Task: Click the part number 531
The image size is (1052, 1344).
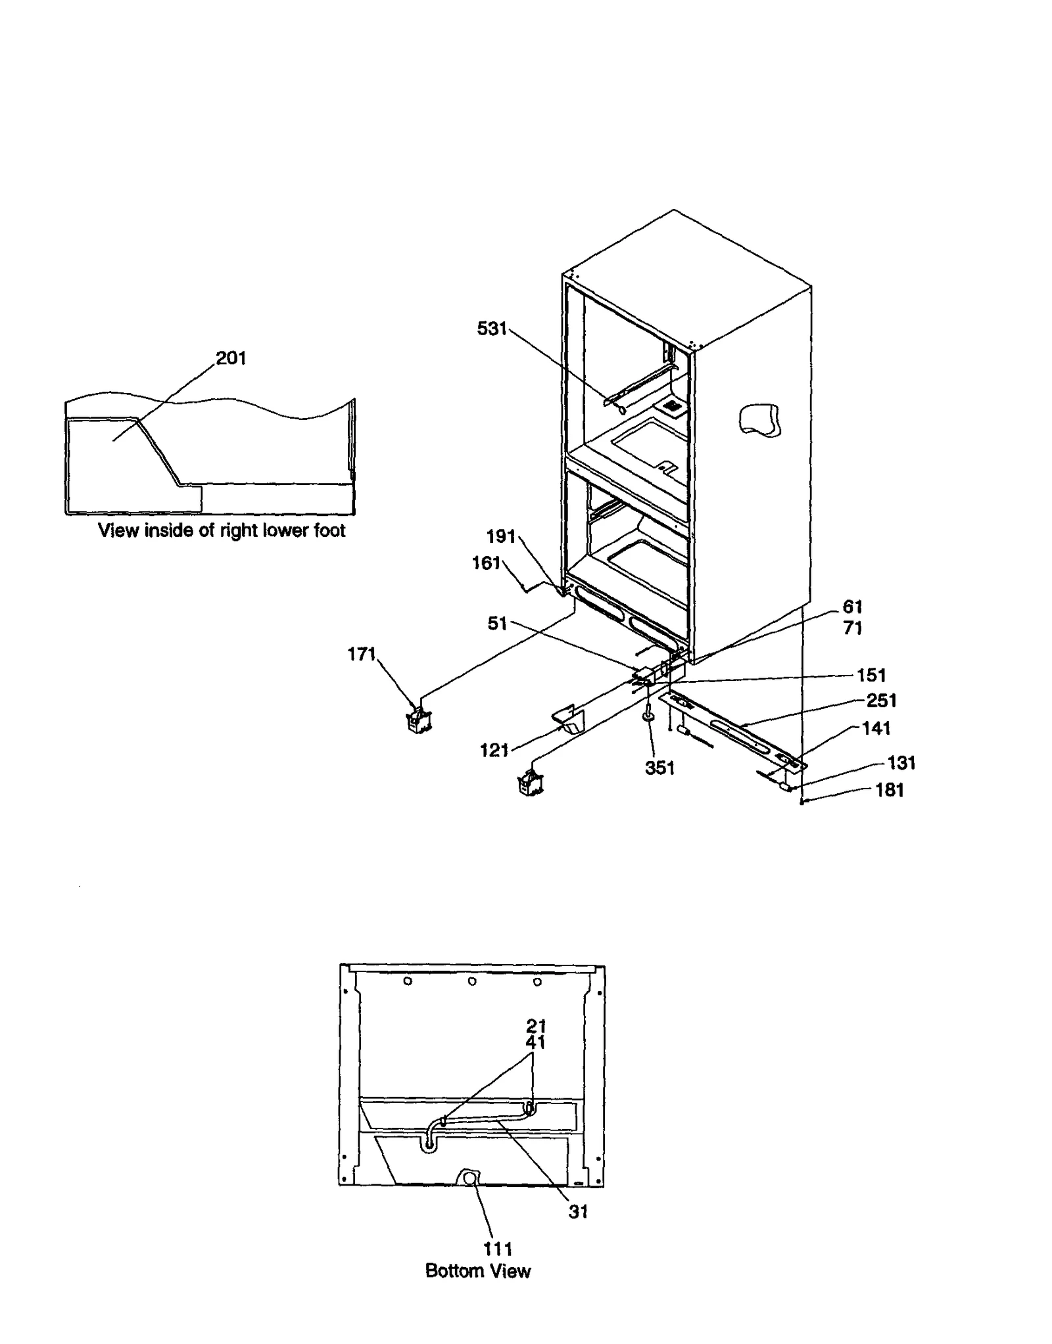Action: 492,329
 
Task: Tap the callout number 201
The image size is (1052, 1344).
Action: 231,358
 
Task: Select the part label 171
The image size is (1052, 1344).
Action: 362,654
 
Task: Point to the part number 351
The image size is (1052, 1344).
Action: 659,768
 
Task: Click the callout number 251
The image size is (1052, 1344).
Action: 882,701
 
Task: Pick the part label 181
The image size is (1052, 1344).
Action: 890,790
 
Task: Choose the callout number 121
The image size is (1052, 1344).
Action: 494,750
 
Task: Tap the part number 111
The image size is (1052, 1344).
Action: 498,1249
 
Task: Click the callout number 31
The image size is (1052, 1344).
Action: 578,1212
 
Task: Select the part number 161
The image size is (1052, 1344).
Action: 487,563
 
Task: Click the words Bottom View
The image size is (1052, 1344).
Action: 478,1270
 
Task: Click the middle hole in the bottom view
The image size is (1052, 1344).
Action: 472,981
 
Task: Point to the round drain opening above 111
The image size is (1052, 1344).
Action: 470,1178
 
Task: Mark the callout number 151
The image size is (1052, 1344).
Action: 871,675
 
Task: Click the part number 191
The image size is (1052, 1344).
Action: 501,536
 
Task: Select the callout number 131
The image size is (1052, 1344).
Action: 901,762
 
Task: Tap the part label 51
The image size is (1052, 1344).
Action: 497,623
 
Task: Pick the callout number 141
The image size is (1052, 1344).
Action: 876,728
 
